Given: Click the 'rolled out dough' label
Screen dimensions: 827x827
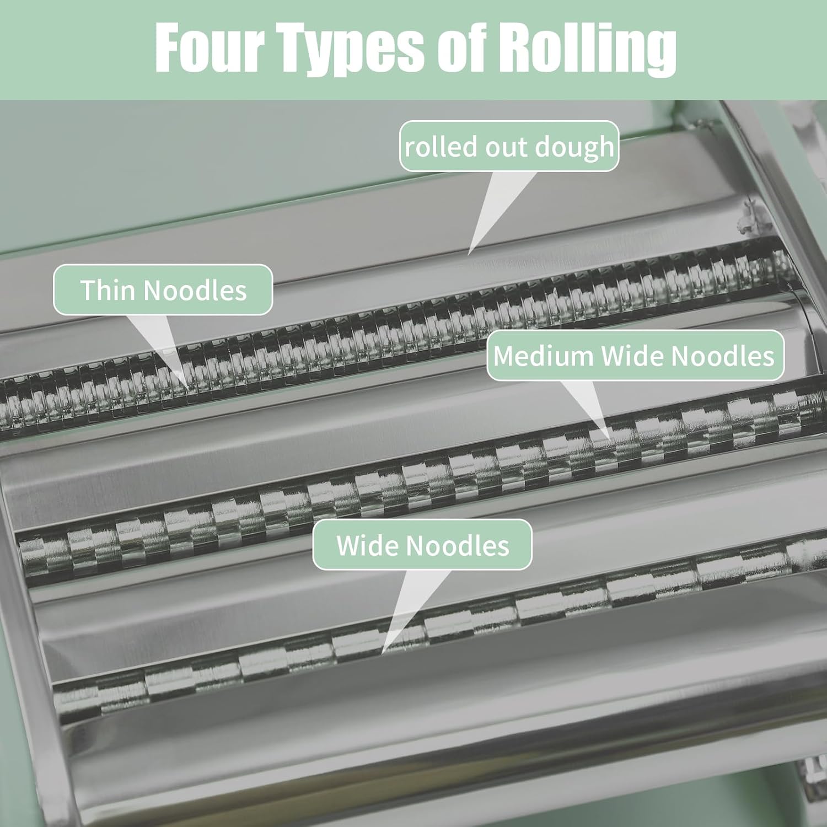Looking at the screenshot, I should tap(509, 147).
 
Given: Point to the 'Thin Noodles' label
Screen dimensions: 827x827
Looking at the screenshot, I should tap(163, 290).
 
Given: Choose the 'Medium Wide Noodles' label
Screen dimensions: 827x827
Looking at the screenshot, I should tap(634, 356).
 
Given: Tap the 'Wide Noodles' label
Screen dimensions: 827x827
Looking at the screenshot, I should tap(422, 545).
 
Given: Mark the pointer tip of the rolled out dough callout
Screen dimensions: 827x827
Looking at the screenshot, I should tap(469, 254).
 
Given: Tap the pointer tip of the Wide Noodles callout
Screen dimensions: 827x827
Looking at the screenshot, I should tap(383, 654).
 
